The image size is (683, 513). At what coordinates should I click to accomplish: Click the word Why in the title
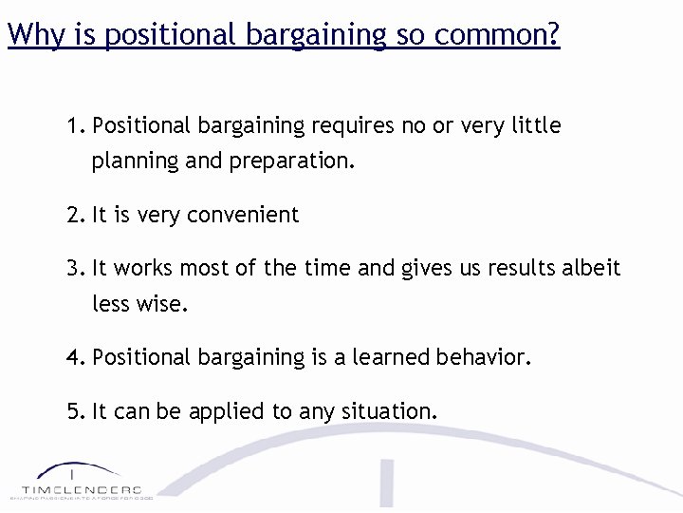[33, 35]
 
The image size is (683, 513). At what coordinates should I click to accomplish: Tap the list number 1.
[75, 125]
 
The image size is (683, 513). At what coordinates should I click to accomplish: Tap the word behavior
[484, 358]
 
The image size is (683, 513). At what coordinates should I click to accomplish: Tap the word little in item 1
[536, 126]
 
